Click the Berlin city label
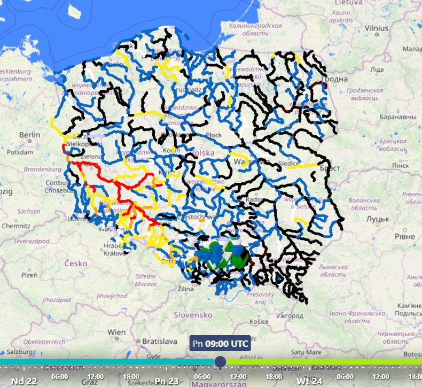30,135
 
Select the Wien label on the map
116,332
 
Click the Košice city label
259,321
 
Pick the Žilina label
186,289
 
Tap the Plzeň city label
30,275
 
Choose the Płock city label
214,135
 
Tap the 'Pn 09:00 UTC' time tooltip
221,343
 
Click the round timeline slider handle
220,362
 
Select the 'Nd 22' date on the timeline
24,381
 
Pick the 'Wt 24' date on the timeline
310,381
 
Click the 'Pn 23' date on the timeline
167,381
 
